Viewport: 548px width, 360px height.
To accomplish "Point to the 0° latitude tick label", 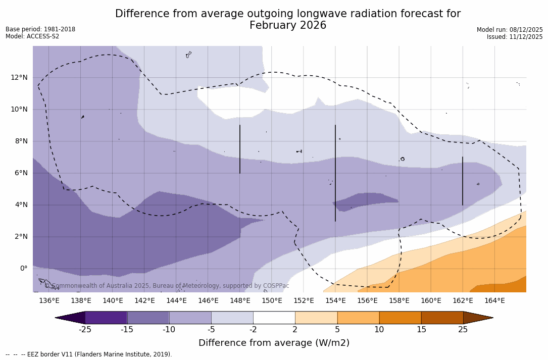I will pos(23,269).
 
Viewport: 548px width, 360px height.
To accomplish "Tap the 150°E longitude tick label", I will pos(272,301).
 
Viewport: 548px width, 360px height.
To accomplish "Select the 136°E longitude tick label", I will pos(49,301).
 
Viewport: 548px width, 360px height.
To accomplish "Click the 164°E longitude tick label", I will pos(494,301).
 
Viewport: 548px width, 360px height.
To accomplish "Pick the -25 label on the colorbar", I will pos(85,330).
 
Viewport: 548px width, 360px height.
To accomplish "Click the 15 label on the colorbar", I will pos(421,330).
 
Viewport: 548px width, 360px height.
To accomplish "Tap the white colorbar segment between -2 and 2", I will pos(274,318).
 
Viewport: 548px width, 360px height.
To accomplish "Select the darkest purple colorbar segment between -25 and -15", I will pos(106,318).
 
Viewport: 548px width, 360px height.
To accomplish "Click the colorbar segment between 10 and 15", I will pos(400,318).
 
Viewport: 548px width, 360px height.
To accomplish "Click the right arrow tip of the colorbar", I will pos(492,318).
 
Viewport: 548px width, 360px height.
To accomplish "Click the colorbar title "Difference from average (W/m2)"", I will pos(274,343).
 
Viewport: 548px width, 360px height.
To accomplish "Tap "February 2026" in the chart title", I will pos(288,26).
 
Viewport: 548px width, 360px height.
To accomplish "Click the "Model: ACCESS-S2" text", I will pos(32,36).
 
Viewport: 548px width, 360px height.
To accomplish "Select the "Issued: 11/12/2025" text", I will pos(515,37).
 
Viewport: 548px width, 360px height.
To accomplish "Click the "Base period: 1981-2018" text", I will pos(40,29).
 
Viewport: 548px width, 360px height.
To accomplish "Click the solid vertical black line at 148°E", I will pos(240,149).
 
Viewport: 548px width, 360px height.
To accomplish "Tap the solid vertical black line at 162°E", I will pos(463,181).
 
